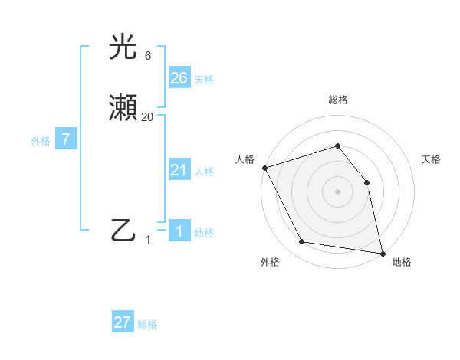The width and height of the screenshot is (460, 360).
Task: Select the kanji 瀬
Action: pos(123,110)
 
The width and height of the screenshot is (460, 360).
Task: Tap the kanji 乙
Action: pos(123,229)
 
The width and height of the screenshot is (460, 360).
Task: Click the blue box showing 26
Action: pos(179,77)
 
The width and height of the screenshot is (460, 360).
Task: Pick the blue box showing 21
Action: pos(179,170)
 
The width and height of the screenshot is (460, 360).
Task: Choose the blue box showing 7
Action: pos(66,139)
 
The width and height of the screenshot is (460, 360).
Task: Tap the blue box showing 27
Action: pos(123,322)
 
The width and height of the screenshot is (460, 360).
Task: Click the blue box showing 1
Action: pos(179,231)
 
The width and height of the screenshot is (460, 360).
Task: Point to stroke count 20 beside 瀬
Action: pos(147,117)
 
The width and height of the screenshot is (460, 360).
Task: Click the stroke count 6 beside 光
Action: pos(147,56)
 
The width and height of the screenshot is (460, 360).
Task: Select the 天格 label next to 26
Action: pos(204,79)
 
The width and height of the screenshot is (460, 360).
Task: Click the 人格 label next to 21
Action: pos(204,172)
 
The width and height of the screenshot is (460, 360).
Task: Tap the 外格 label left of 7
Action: pos(41,141)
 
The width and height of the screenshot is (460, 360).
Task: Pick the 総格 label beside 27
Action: pos(147,324)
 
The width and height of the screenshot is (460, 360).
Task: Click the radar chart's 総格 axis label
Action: pos(337,100)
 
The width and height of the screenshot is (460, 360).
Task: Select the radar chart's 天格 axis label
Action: pos(431,159)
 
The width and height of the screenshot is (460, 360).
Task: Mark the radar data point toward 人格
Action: pos(264,168)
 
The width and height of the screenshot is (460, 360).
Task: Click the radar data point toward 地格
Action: pos(382,253)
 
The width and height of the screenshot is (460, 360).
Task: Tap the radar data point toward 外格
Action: pos(302,242)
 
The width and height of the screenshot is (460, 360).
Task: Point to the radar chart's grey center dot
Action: pos(337,191)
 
